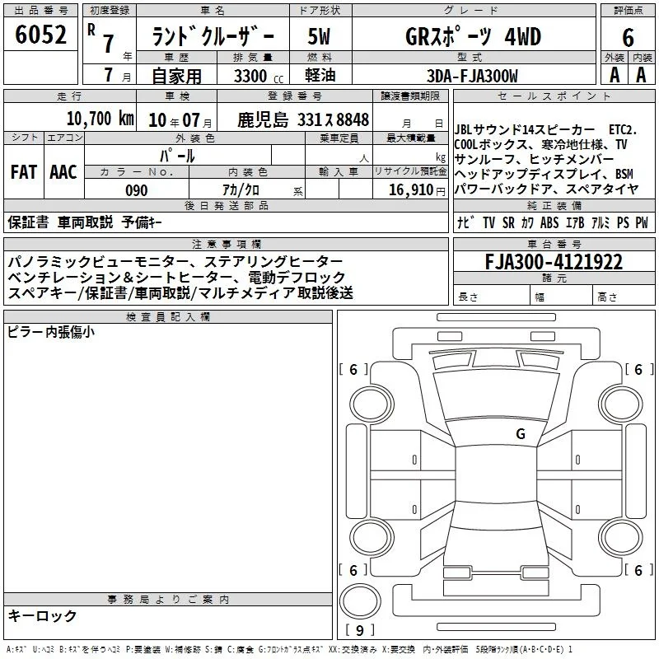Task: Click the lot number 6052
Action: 40,35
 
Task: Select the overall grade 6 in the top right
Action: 628,37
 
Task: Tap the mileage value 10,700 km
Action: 100,119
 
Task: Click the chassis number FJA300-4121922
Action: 554,261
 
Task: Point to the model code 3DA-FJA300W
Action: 472,76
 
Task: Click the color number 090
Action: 137,190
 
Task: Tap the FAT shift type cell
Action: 24,172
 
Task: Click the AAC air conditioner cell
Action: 63,172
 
